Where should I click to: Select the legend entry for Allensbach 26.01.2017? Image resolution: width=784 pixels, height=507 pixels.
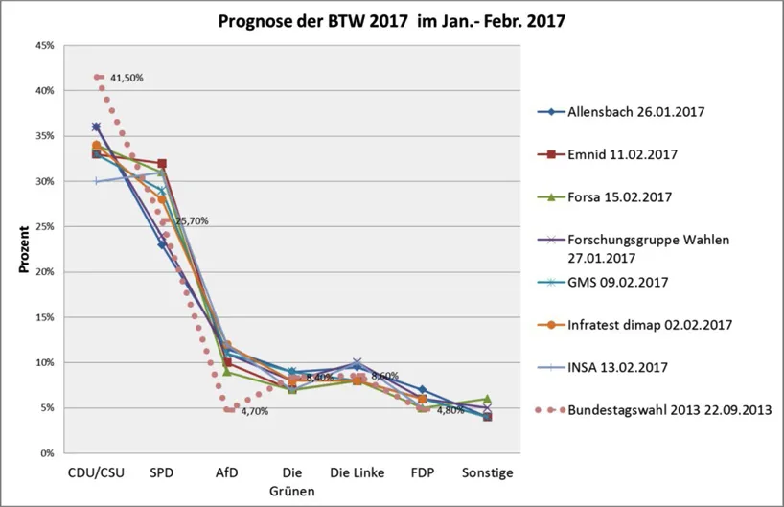tap(636, 111)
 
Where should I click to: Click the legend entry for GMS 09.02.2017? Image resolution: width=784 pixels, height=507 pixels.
tap(619, 282)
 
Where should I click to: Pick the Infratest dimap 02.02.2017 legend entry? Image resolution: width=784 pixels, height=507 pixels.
tap(650, 325)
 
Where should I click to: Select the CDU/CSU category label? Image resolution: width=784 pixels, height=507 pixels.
tap(96, 472)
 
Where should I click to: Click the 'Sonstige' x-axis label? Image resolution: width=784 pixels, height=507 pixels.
tap(487, 472)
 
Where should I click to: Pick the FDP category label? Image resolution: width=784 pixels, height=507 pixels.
tap(422, 472)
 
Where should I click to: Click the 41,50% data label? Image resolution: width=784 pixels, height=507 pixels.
tap(126, 78)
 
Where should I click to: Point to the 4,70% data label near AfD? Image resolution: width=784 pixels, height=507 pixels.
tap(254, 411)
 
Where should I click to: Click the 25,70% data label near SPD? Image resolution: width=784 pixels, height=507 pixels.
tap(191, 220)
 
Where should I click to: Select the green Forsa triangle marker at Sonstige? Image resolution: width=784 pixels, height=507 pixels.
tap(487, 399)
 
